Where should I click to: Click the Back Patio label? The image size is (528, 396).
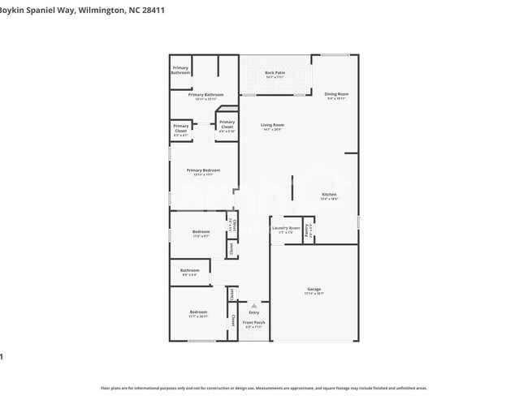[275, 73]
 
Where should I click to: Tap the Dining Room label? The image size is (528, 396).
[336, 93]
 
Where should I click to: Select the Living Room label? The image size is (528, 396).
[272, 125]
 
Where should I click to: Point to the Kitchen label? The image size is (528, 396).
[329, 195]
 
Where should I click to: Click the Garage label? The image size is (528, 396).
[314, 289]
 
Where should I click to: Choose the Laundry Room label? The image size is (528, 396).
[285, 228]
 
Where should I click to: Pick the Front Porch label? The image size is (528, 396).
[253, 323]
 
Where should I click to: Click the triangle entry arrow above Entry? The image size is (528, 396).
[253, 306]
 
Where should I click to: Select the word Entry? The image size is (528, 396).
[253, 312]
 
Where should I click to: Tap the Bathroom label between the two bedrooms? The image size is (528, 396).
[190, 270]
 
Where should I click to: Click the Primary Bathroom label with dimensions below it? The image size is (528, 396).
[206, 95]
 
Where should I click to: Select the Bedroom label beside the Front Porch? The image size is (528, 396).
[198, 312]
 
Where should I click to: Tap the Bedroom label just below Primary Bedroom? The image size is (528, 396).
[201, 232]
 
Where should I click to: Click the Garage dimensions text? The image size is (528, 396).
[314, 294]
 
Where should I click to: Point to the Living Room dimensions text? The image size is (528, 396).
[272, 130]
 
